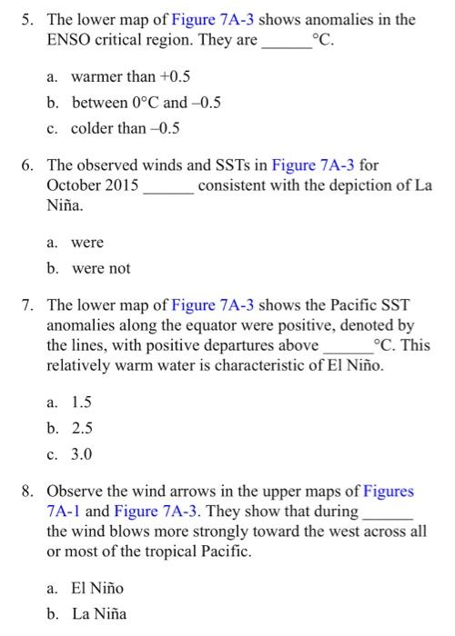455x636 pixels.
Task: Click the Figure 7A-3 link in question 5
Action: pos(214,18)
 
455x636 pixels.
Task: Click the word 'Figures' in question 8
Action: pos(389,492)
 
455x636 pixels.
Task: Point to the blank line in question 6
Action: pos(168,186)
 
